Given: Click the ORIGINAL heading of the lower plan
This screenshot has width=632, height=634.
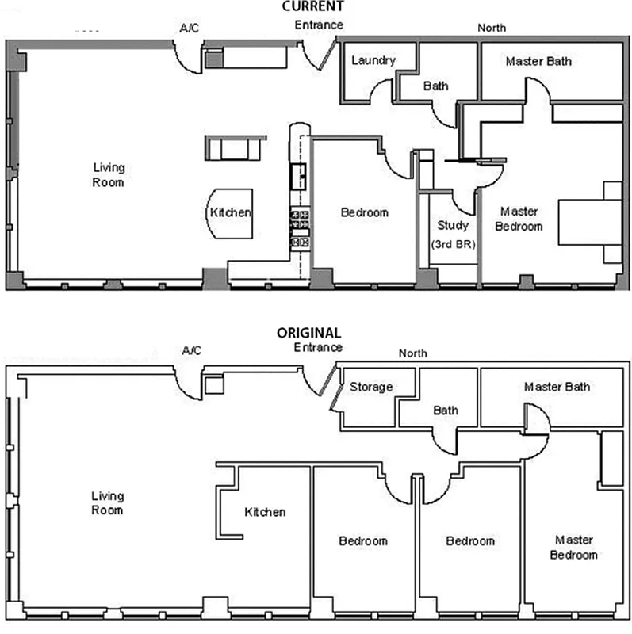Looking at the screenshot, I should coord(308,334).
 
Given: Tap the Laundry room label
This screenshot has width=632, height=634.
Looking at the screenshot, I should coord(373,60).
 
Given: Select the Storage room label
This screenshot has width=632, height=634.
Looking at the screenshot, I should coord(371,387).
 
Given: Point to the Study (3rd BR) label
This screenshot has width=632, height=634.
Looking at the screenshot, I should coord(453,235).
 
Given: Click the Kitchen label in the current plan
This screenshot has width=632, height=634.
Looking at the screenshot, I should coord(230,212).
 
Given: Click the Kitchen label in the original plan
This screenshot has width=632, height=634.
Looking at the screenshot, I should coord(265,512).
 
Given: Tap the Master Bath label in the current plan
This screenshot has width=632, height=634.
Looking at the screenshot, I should coord(538,61).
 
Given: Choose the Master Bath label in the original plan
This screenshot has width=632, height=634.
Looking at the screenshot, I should coord(557,387).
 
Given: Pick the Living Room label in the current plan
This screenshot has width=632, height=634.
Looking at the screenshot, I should coord(109,174).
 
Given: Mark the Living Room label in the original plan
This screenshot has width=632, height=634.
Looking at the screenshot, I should coord(107,503).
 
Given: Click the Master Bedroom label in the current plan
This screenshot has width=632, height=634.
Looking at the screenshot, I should coord(520,219).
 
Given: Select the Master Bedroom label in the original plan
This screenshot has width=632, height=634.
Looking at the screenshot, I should coord(575,547).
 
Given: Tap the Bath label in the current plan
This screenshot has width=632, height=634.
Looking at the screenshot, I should coord(436,86).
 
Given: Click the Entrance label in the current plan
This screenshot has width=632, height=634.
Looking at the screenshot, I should coord(319,25).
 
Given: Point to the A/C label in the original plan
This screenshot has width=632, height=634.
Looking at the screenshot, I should coord(191,349).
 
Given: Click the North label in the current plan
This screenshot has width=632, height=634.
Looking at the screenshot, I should coord(492,28).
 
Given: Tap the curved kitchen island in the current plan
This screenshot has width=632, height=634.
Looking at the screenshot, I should coord(231,214).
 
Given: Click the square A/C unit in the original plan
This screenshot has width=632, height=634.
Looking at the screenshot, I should coord(213,385).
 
